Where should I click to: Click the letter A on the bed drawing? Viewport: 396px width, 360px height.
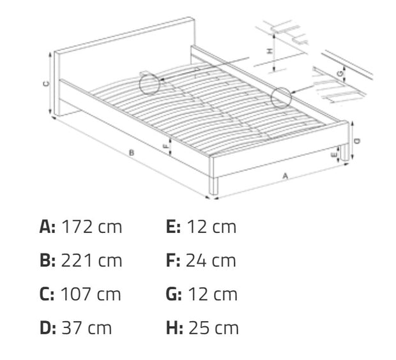[285, 176]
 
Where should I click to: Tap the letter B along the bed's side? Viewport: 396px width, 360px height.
[132, 153]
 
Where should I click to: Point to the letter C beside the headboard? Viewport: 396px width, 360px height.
[46, 84]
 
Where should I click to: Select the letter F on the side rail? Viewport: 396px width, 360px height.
[165, 146]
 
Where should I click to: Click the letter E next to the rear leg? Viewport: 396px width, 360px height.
[334, 155]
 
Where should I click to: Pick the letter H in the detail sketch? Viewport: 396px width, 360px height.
[270, 51]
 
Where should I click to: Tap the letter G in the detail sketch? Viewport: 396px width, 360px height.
[340, 73]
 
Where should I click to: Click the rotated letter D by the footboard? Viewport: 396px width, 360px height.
[357, 141]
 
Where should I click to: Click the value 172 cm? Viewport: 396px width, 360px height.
[92, 227]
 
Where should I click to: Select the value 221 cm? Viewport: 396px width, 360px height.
[92, 260]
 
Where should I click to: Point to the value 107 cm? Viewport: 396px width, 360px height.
[91, 294]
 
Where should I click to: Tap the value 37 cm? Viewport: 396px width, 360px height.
[87, 328]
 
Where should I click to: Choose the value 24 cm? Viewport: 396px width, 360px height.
[211, 260]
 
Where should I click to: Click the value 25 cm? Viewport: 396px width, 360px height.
[213, 328]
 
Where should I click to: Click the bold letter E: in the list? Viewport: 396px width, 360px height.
[173, 227]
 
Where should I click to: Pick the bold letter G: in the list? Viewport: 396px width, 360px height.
[174, 294]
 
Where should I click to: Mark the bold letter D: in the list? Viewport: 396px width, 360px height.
[48, 328]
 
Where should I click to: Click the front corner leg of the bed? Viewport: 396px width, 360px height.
[214, 186]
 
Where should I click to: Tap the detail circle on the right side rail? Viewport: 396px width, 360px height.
[281, 98]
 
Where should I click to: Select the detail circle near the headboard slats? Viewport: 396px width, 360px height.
[149, 84]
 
